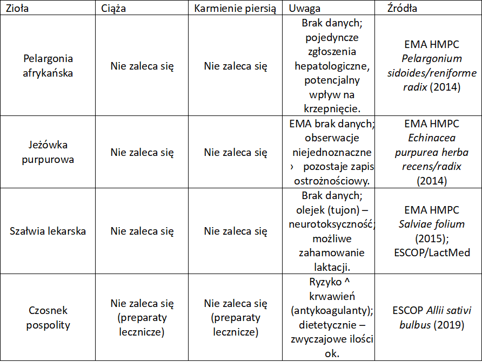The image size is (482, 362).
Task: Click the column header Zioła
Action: click(x=17, y=9)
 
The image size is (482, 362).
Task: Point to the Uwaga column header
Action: click(x=304, y=9)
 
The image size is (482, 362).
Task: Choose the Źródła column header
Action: click(x=402, y=9)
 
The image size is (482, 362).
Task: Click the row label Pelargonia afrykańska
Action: click(x=49, y=66)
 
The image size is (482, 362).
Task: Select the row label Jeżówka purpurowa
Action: click(x=49, y=153)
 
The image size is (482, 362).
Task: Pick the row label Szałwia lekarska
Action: click(x=48, y=231)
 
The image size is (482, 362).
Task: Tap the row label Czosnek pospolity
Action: click(x=49, y=318)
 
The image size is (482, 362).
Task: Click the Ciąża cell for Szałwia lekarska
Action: click(x=142, y=231)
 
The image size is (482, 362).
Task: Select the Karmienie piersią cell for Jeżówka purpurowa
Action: click(x=236, y=153)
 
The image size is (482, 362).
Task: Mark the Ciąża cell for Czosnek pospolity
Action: click(x=142, y=318)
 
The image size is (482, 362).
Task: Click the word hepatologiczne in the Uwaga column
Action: click(x=332, y=66)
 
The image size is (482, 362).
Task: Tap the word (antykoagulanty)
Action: click(x=332, y=311)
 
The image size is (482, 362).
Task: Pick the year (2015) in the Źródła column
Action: click(x=432, y=237)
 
